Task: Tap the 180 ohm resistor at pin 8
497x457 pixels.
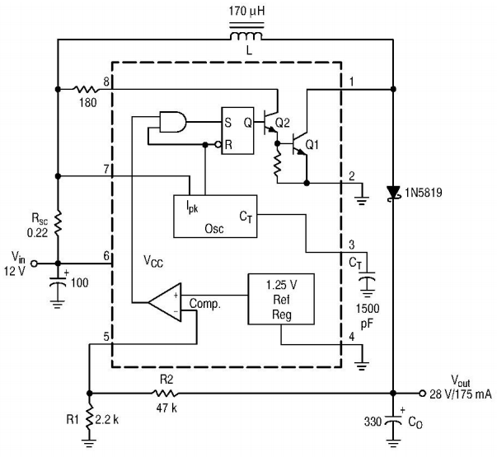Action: point(86,89)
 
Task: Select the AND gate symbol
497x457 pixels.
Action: point(173,122)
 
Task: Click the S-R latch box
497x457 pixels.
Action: point(237,130)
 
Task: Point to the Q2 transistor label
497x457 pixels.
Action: point(283,123)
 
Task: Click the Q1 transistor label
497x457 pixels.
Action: point(312,145)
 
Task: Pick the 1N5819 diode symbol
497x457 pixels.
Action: point(393,193)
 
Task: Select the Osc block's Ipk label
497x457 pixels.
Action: point(192,208)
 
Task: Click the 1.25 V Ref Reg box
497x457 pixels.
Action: point(281,299)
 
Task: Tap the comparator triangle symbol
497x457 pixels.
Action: point(166,302)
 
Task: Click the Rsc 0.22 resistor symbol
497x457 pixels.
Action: point(58,223)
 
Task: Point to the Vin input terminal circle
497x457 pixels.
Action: point(34,263)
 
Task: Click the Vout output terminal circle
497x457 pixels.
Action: point(422,394)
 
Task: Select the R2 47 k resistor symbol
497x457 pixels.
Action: point(166,394)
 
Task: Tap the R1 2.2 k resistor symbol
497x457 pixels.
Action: point(90,419)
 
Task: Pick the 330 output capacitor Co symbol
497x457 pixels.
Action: point(393,422)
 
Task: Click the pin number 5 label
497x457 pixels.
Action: point(106,337)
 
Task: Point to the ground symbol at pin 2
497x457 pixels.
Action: point(362,200)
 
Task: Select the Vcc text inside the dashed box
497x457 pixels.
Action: point(153,262)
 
